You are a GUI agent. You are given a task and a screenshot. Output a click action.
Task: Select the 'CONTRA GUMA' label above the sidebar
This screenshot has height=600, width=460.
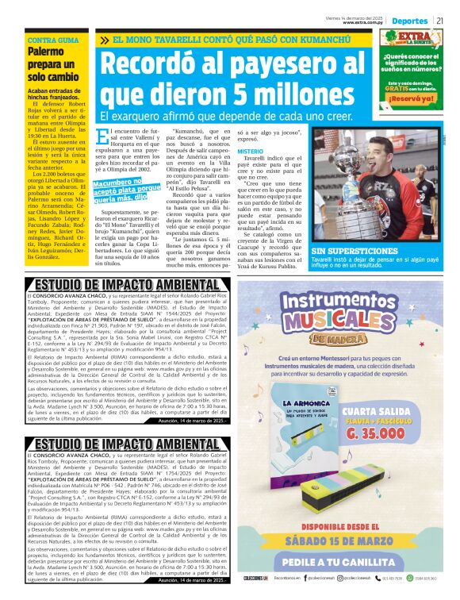53,40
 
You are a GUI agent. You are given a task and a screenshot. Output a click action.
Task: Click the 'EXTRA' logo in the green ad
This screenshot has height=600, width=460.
416,38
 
